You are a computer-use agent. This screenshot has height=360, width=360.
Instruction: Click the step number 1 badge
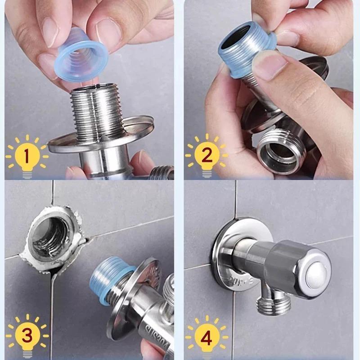(26, 157)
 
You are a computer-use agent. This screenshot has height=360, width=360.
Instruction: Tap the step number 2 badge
(207, 156)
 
